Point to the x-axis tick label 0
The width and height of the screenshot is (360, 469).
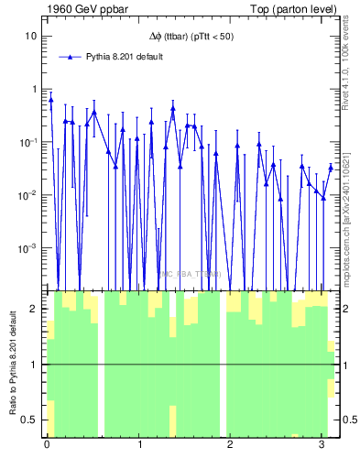(47, 445)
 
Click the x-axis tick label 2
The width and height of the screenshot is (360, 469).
(230, 445)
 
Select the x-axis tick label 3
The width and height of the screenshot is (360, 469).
(322, 445)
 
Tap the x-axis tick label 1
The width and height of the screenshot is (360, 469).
(138, 445)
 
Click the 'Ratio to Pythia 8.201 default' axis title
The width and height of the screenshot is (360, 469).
(13, 363)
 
